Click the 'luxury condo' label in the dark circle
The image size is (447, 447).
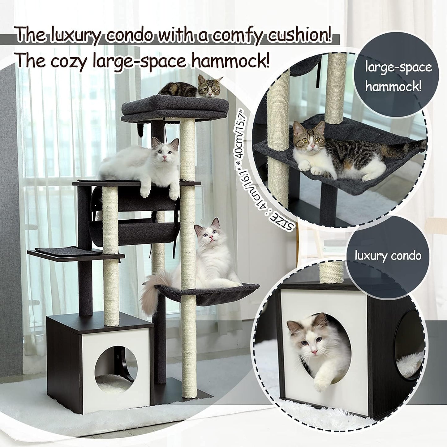[388, 256]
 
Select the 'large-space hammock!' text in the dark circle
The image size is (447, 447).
[398, 77]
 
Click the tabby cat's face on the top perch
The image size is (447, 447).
[209, 88]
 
